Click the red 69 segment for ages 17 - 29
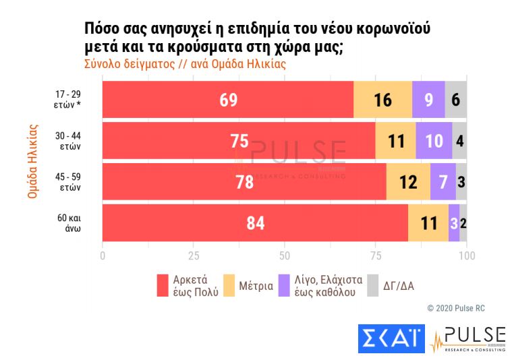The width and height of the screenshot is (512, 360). click(x=228, y=100)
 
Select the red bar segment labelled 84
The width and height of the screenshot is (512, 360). click(x=255, y=223)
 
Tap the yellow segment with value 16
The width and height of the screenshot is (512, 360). click(x=382, y=100)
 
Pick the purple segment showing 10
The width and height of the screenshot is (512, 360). click(x=434, y=141)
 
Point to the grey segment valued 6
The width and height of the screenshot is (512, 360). click(x=456, y=100)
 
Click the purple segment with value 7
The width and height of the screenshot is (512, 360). click(x=443, y=182)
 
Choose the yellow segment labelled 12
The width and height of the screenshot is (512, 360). click(x=408, y=182)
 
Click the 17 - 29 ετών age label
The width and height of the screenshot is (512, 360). click(x=68, y=100)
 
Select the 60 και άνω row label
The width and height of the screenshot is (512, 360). click(x=68, y=223)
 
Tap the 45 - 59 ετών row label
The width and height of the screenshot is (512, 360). click(x=68, y=182)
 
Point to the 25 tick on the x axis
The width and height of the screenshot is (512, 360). click(x=194, y=256)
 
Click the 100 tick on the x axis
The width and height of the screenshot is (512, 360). click(x=467, y=256)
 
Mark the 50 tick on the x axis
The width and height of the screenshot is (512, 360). click(x=285, y=256)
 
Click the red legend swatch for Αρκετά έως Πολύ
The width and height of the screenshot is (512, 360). click(x=162, y=286)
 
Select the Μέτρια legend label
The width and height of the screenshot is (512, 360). click(x=256, y=286)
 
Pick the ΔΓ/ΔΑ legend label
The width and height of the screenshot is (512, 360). click(x=399, y=286)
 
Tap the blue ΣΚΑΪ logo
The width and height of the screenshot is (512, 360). click(x=391, y=338)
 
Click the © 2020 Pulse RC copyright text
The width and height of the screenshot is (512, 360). click(x=455, y=308)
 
